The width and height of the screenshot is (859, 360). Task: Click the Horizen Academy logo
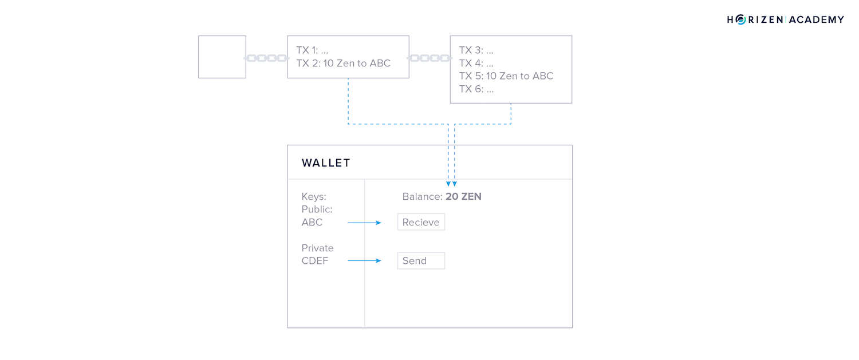tap(785, 19)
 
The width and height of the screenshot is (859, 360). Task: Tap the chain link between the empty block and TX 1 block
tap(266, 58)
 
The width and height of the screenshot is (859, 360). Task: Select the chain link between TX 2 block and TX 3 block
tap(429, 58)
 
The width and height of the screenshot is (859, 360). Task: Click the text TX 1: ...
tap(307, 50)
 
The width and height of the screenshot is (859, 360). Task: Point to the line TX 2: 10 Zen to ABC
tap(343, 64)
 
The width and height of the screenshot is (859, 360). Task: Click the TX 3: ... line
tap(476, 50)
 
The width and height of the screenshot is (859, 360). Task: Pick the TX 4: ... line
tap(476, 64)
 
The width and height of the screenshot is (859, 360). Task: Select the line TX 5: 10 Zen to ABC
tap(506, 76)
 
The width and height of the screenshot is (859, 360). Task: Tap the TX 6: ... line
tap(476, 89)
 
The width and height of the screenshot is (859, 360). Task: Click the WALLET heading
tap(326, 163)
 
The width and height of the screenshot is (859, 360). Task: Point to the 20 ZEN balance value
tap(463, 196)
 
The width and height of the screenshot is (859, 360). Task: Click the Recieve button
tap(421, 222)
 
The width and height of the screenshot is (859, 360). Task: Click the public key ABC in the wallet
tap(312, 223)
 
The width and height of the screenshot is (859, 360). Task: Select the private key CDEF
tap(315, 261)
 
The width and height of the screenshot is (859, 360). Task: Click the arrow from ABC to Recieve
tap(364, 223)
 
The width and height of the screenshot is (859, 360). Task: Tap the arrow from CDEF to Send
tap(364, 261)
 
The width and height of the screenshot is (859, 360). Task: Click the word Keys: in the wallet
tap(314, 197)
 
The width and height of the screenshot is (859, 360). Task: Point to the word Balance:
tap(422, 196)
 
